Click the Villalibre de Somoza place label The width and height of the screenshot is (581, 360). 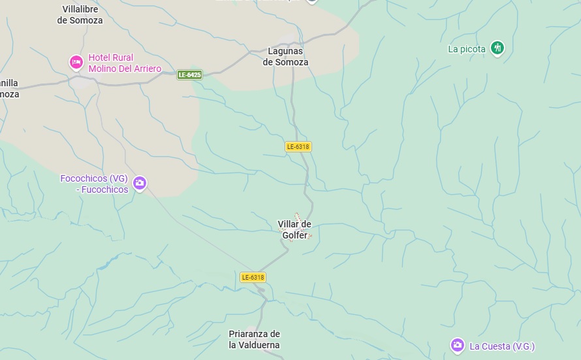[80, 14]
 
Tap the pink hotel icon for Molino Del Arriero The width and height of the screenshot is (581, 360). [76, 62]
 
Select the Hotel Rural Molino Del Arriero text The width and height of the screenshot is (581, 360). [125, 63]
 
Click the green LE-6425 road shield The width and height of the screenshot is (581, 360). [189, 75]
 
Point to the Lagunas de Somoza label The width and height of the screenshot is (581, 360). [285, 56]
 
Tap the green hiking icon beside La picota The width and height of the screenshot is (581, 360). [497, 48]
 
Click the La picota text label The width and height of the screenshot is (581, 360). [467, 49]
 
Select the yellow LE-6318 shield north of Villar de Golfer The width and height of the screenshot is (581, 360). [298, 146]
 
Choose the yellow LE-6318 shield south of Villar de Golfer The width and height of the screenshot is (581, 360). [253, 277]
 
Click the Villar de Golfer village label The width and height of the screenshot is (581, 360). [294, 229]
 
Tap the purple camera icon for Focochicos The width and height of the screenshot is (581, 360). [139, 183]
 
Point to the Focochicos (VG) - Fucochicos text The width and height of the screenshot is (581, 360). [94, 184]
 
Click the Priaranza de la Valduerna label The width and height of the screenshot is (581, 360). [254, 339]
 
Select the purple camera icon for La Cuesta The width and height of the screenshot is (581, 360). [458, 344]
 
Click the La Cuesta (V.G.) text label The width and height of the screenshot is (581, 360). [502, 346]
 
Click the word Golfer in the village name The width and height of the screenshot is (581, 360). [294, 235]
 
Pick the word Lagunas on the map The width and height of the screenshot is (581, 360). [286, 51]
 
